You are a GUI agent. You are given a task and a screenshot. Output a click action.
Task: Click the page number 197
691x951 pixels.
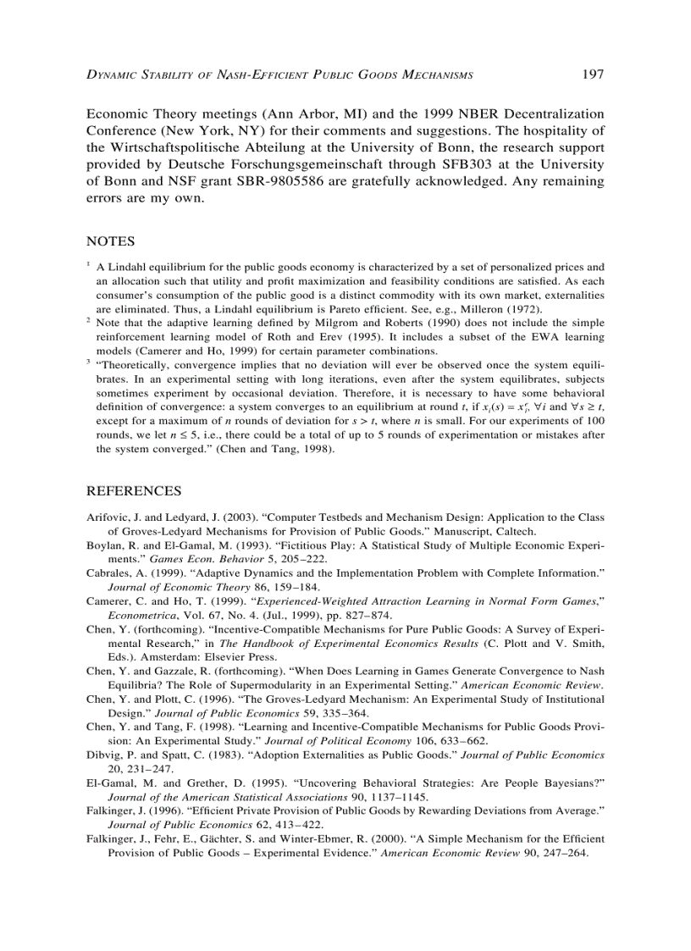click(592, 75)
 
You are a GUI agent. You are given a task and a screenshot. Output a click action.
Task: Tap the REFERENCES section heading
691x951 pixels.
click(134, 491)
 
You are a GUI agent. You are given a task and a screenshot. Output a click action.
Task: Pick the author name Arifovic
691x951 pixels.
click(108, 516)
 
